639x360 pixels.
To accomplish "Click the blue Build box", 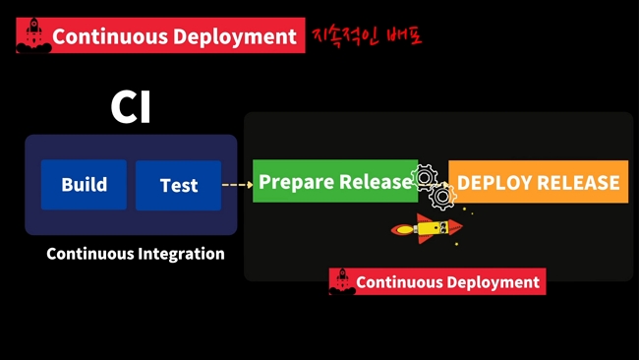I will (84, 185).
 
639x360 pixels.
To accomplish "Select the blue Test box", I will (178, 185).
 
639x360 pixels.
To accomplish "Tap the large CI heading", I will (130, 108).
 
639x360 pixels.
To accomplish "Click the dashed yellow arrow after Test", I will (236, 184).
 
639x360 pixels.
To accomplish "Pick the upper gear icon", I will (425, 178).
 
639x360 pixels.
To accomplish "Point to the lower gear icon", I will (443, 197).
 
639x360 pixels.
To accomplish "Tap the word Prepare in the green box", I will (296, 182).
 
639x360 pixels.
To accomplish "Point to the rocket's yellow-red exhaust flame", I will (402, 231).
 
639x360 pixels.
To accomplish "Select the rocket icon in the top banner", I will (32, 36).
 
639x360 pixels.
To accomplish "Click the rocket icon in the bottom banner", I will (341, 282).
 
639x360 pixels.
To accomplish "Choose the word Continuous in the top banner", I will (110, 37).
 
